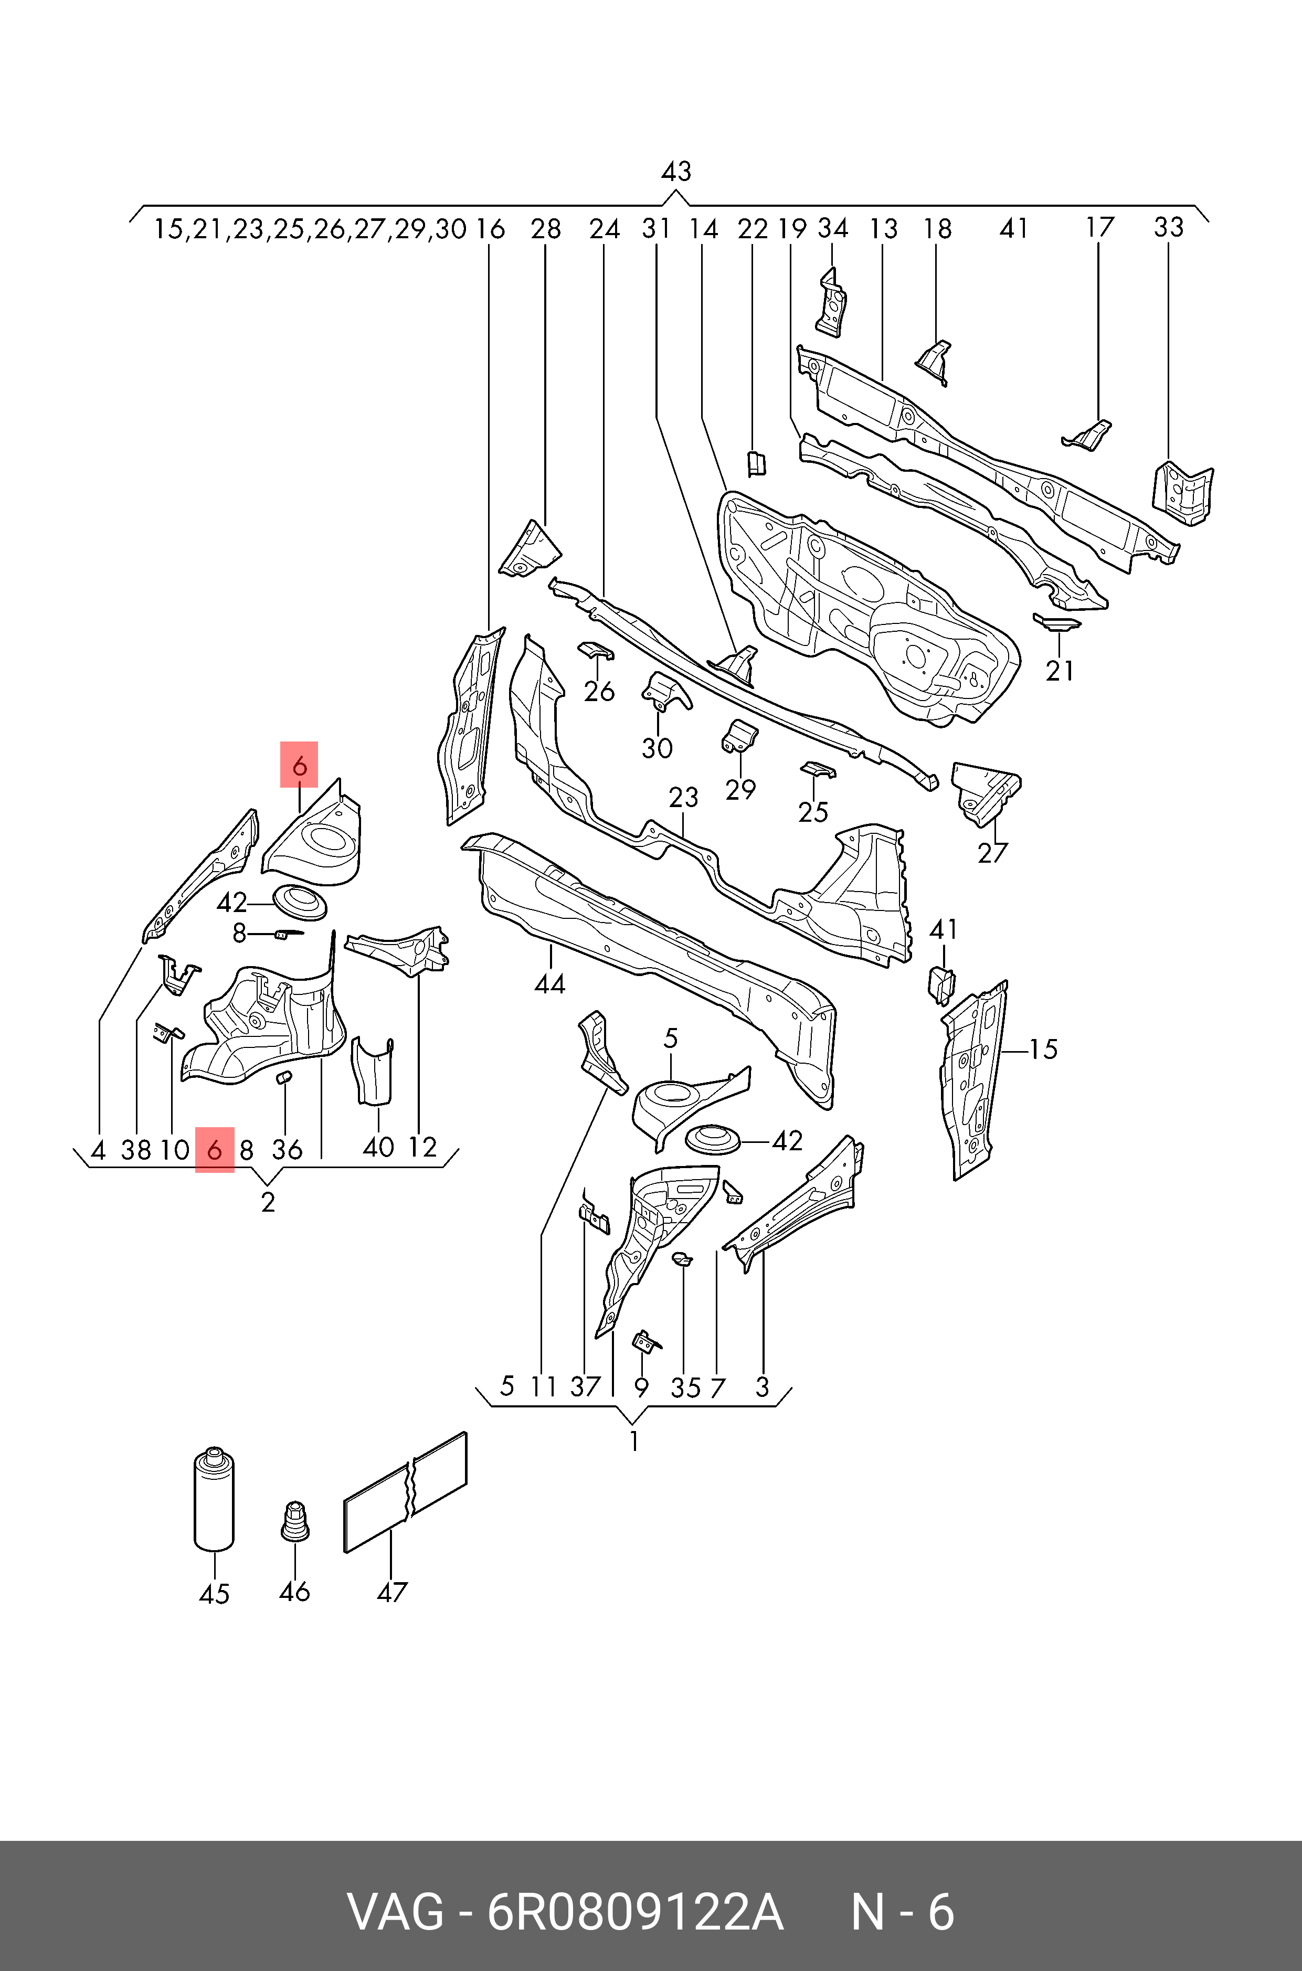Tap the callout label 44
[549, 984]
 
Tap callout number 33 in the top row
[1168, 227]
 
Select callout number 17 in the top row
[1099, 227]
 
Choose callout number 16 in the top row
[490, 229]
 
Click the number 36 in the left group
[287, 1150]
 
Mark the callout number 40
[379, 1148]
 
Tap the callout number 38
[136, 1150]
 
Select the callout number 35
[686, 1387]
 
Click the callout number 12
[422, 1148]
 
